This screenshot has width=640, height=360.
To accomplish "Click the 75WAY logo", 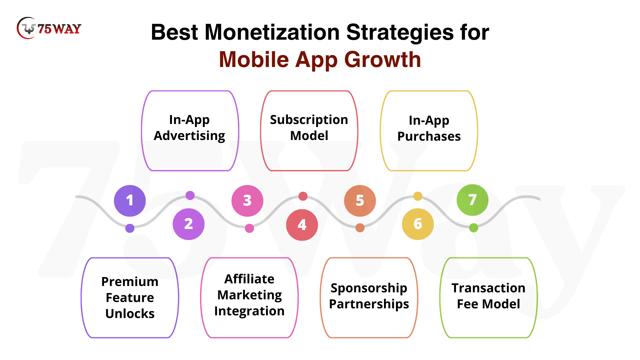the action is coord(49,28).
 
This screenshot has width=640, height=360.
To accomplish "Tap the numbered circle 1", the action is coord(130,201).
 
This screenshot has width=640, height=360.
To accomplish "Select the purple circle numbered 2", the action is coord(188,224).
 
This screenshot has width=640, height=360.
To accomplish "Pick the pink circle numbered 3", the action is coord(247,201).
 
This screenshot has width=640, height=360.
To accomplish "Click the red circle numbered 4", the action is coord(302,225).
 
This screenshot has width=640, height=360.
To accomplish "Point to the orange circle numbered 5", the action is coord(360,201).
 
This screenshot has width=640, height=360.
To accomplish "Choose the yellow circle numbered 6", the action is coord(418,224).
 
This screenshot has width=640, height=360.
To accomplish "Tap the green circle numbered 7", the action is coord(472,200).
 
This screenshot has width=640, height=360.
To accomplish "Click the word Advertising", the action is coord(189,136).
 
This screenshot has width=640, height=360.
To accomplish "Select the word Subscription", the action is coord(309,120).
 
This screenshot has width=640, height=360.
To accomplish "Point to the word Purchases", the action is coord(429,136).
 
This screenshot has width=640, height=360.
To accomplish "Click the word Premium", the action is coord(130,282).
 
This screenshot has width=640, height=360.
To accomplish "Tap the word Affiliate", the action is coord(249,279).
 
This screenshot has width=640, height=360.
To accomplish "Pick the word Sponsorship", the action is coord(369,288).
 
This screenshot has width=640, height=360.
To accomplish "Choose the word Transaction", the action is coord(488,288).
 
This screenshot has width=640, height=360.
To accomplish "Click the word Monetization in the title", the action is coord(272,32).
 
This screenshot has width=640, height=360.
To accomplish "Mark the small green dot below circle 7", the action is coord(474,228).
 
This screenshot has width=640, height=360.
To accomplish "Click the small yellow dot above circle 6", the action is coord(418,196).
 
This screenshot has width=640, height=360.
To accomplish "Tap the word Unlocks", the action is coord(130,314).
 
